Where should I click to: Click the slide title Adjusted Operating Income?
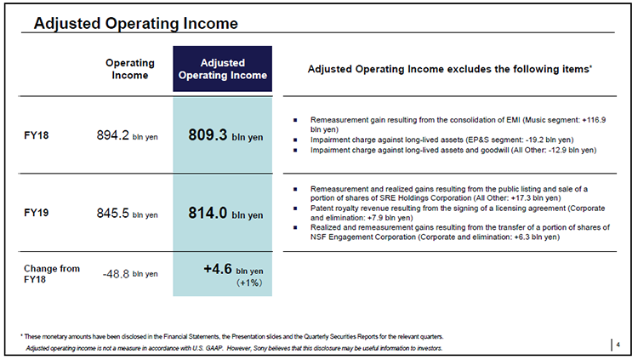[136, 23]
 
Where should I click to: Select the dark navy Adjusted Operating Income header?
[223, 69]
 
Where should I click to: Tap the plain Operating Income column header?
[130, 69]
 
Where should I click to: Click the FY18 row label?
[37, 135]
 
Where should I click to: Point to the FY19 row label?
[37, 213]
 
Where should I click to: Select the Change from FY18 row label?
[52, 274]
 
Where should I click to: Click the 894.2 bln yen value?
[127, 135]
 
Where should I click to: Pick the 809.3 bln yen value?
[225, 135]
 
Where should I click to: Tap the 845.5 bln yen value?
[127, 213]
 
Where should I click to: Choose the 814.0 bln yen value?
[225, 213]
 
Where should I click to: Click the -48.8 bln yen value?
[130, 274]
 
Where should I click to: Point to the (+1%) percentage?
[249, 283]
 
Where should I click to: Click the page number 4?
[618, 345]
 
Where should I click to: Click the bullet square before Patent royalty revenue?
[295, 209]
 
